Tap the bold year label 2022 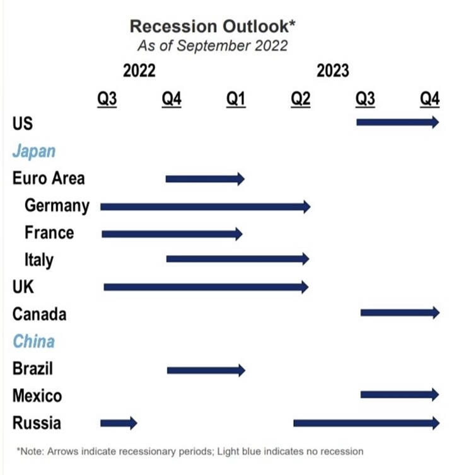tap(139, 71)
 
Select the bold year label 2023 tap(332, 71)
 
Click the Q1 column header tap(236, 99)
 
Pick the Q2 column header tap(300, 99)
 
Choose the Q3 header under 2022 tap(107, 99)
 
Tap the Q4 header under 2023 tap(429, 99)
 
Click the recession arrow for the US tap(397, 122)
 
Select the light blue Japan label tap(34, 151)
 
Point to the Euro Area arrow tap(204, 179)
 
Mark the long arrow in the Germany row tap(205, 206)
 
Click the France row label tap(49, 232)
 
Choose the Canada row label tap(39, 313)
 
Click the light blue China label tap(33, 341)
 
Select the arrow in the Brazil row tap(206, 370)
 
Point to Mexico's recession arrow tap(399, 395)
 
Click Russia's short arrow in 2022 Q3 tap(119, 423)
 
